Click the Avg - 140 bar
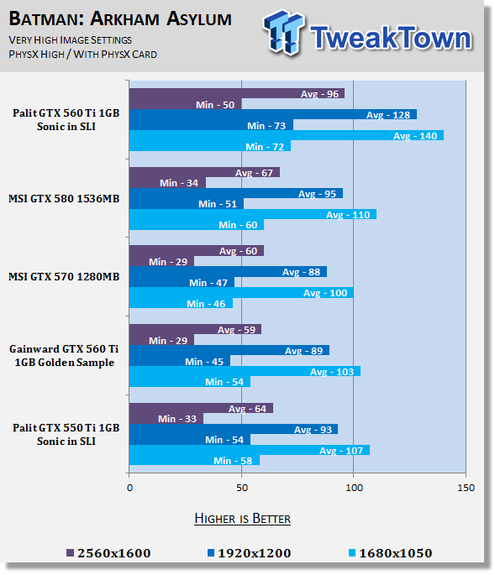click(x=287, y=135)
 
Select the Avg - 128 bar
click(x=273, y=114)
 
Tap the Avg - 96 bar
click(x=237, y=93)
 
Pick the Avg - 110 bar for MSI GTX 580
click(x=253, y=214)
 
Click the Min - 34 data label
click(x=179, y=183)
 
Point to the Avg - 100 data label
click(x=325, y=293)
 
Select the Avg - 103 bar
click(x=245, y=371)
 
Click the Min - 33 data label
click(x=177, y=419)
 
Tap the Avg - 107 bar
click(x=250, y=450)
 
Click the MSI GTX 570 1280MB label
click(x=64, y=277)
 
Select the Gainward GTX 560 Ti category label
click(x=64, y=355)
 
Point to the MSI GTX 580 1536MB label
click(x=64, y=199)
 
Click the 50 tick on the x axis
click(x=242, y=488)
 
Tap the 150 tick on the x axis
click(x=466, y=488)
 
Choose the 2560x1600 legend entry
click(x=108, y=553)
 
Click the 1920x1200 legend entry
click(x=250, y=553)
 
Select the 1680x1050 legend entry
click(x=390, y=553)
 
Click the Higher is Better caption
click(x=242, y=519)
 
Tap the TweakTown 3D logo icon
click(x=283, y=32)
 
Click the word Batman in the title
click(x=46, y=18)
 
